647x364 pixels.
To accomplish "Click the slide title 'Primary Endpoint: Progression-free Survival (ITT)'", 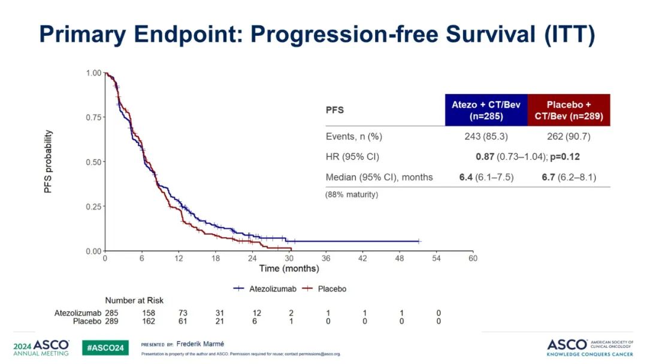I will (x=317, y=34).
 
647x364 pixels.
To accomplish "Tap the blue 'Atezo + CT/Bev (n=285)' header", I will (x=486, y=110).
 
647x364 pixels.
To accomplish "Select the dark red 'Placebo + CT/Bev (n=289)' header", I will (x=569, y=110).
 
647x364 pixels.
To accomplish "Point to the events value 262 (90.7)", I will (x=569, y=136).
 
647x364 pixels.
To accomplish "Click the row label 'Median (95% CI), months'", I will (x=379, y=177).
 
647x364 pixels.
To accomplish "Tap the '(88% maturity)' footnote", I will (x=352, y=195).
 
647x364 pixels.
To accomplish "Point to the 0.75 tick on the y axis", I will (x=93, y=117).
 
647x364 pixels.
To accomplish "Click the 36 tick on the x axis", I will (x=326, y=259).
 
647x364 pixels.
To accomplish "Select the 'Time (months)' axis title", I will (x=289, y=269).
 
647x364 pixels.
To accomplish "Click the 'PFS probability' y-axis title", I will (x=49, y=162).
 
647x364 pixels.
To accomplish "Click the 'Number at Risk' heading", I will (x=134, y=301).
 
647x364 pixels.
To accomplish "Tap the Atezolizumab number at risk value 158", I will (x=149, y=313).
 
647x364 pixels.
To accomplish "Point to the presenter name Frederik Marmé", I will (x=200, y=345).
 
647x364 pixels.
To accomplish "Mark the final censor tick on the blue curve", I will (x=419, y=241).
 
